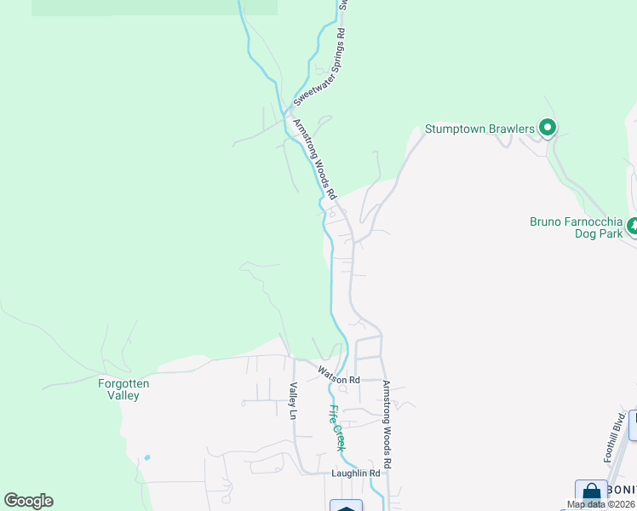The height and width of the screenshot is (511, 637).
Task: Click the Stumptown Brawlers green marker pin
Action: tap(548, 129)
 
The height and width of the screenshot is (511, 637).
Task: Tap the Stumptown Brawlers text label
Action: tap(479, 129)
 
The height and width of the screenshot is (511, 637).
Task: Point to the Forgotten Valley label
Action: tap(123, 389)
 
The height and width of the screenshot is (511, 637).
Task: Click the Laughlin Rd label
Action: tap(355, 473)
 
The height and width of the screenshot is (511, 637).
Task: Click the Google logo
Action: tap(28, 501)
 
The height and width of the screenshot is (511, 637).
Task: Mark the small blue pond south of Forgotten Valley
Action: tap(147, 457)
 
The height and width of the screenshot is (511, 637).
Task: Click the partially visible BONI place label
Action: tap(623, 491)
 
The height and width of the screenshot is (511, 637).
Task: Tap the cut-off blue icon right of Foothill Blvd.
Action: tap(633, 425)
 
